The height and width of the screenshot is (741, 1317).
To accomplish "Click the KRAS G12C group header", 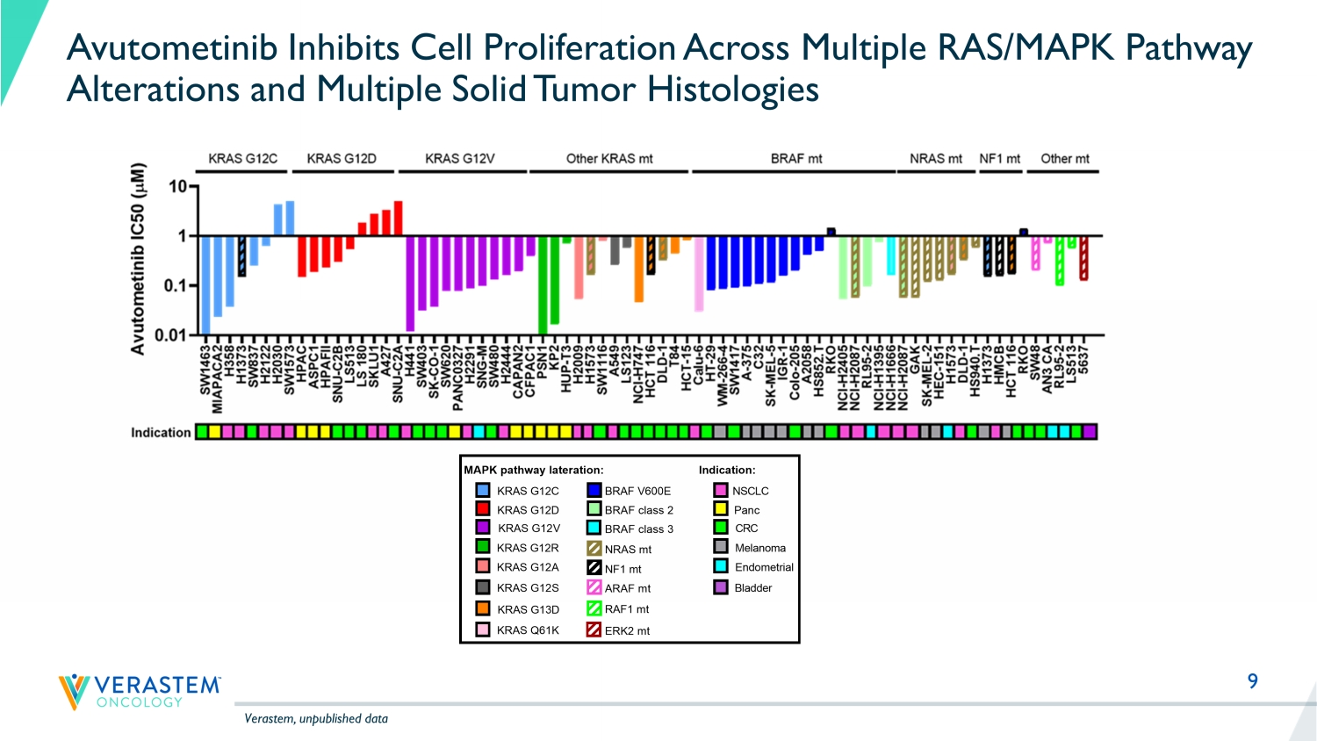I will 242,159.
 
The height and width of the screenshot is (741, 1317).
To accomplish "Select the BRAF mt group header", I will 795,159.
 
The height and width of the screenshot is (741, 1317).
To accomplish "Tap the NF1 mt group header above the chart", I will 999,159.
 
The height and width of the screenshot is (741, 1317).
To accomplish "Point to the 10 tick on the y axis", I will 178,186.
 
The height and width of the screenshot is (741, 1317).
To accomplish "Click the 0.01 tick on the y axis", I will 170,335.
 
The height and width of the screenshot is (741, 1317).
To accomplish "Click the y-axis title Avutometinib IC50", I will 138,259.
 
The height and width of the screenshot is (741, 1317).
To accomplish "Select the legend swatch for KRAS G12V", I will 483,528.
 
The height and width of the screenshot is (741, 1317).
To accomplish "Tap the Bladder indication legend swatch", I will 721,587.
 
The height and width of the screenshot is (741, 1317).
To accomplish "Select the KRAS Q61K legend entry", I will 527,630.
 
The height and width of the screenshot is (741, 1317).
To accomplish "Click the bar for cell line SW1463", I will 205,284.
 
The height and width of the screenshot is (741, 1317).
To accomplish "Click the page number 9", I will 1253,681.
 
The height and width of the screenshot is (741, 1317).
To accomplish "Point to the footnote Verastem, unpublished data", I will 316,719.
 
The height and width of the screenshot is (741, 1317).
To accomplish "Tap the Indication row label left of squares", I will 161,433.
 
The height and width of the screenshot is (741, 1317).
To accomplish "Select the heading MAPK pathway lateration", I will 534,471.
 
